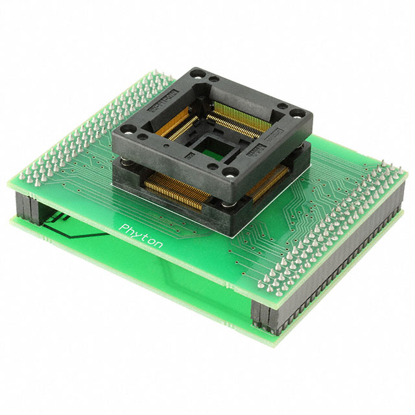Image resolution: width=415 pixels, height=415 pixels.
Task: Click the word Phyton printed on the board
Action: click(142, 236)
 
